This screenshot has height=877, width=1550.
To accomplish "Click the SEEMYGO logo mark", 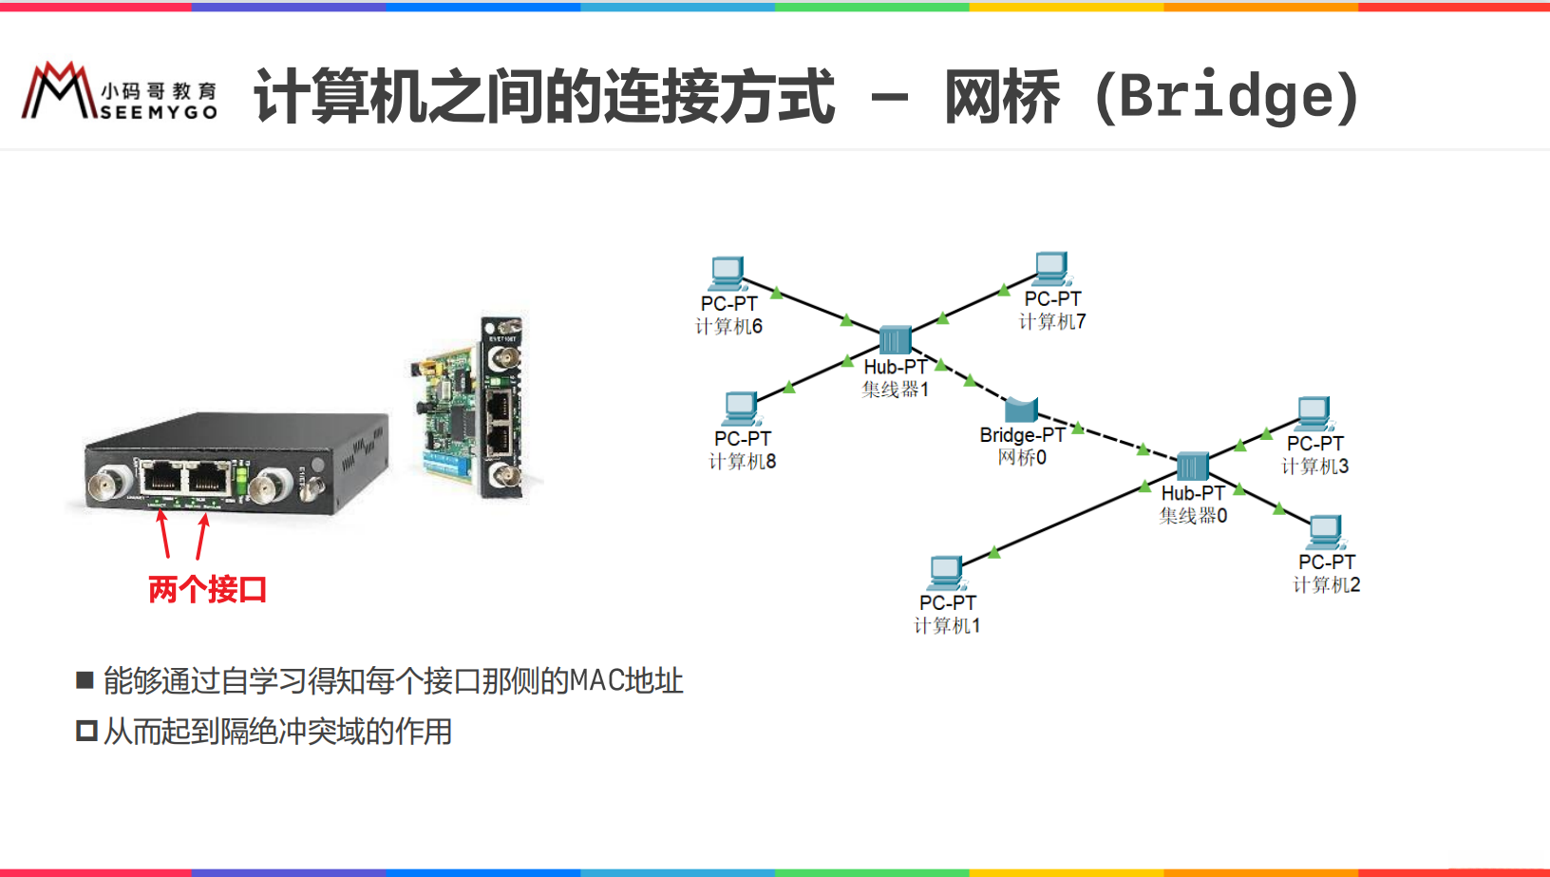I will (59, 91).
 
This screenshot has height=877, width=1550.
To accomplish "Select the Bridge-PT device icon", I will (1021, 410).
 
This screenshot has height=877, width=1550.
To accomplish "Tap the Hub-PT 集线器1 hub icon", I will (895, 340).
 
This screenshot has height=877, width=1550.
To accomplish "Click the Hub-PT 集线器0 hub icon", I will (1192, 467).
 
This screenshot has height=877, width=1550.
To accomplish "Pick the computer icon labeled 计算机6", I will (728, 274).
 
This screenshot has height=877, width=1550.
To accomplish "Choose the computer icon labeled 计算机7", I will (1051, 269).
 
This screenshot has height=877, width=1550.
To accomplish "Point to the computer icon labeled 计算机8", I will (741, 410).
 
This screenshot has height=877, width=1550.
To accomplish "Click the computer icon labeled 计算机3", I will (1314, 413).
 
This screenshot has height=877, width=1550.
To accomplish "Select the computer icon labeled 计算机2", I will (1325, 532).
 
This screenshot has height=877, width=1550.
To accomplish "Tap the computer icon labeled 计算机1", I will (946, 573).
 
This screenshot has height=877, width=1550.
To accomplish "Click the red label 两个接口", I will (207, 589).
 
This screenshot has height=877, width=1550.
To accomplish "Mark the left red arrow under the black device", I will (163, 534).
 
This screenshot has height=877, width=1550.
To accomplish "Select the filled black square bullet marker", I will (85, 679).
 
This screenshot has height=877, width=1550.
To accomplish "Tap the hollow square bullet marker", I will (86, 731).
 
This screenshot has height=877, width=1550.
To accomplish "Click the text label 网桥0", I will (1022, 458).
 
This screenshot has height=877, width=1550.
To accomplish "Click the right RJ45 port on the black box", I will (208, 476).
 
